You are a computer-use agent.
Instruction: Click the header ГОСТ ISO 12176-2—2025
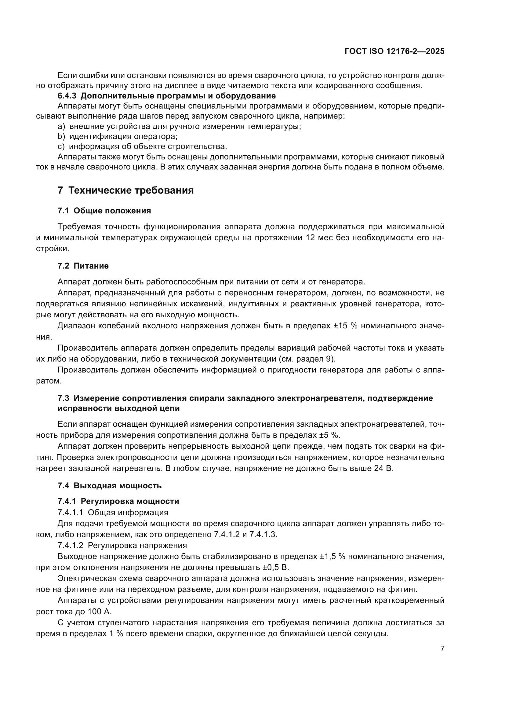pyautogui.click(x=394, y=51)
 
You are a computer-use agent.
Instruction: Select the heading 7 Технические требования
pyautogui.click(x=125, y=190)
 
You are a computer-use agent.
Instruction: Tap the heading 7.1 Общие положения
pyautogui.click(x=104, y=211)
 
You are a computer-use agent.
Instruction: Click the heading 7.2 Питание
pyautogui.click(x=83, y=266)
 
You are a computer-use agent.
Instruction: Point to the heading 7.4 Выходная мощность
pyautogui.click(x=110, y=486)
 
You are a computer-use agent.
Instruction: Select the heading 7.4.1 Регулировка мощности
pyautogui.click(x=118, y=501)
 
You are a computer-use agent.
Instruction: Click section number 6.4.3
pyautogui.click(x=67, y=96)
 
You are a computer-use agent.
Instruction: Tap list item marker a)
pyautogui.click(x=61, y=127)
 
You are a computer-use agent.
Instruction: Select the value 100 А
pyautogui.click(x=101, y=611)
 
